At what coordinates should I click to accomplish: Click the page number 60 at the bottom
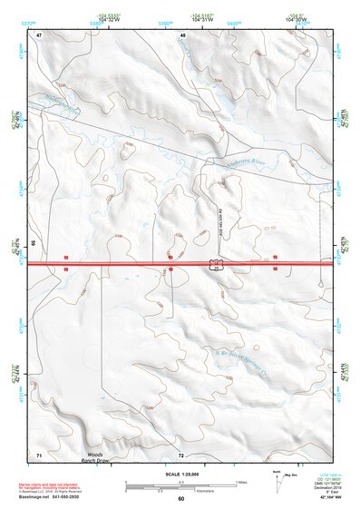coord(180,498)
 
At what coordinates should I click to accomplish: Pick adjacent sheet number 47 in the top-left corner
coord(39,34)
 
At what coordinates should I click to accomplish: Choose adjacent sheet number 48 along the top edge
coord(182,34)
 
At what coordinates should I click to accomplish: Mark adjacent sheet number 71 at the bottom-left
coord(39,453)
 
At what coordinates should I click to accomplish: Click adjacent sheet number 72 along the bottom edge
coord(181,454)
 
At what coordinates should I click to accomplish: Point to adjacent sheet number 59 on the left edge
coord(34,243)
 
